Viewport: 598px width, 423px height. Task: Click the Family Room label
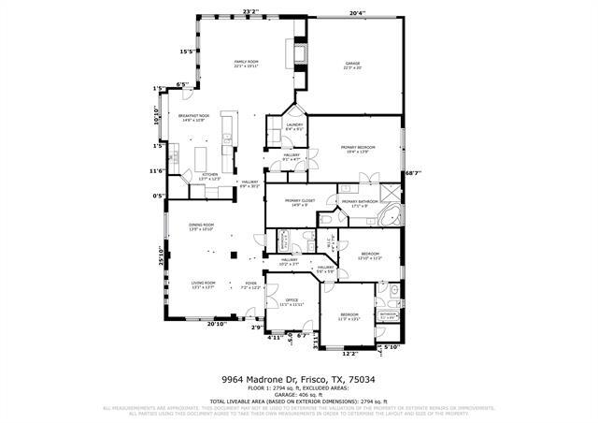(246, 63)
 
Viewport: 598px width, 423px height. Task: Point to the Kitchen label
(210, 175)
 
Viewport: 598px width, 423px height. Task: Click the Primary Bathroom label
(359, 202)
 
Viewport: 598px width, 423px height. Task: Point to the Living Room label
(203, 284)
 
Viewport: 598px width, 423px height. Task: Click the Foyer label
(250, 284)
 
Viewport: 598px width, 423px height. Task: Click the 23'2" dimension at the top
(249, 11)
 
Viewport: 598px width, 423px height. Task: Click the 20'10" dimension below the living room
(216, 324)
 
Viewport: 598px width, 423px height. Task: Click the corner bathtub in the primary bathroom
(390, 218)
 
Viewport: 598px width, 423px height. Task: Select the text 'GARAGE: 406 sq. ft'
(298, 395)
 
